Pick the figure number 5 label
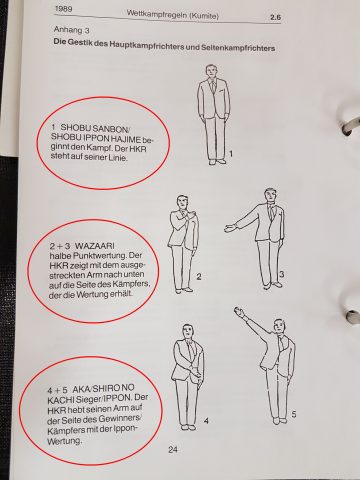coord(293,413)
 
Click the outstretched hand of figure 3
coord(230,228)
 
